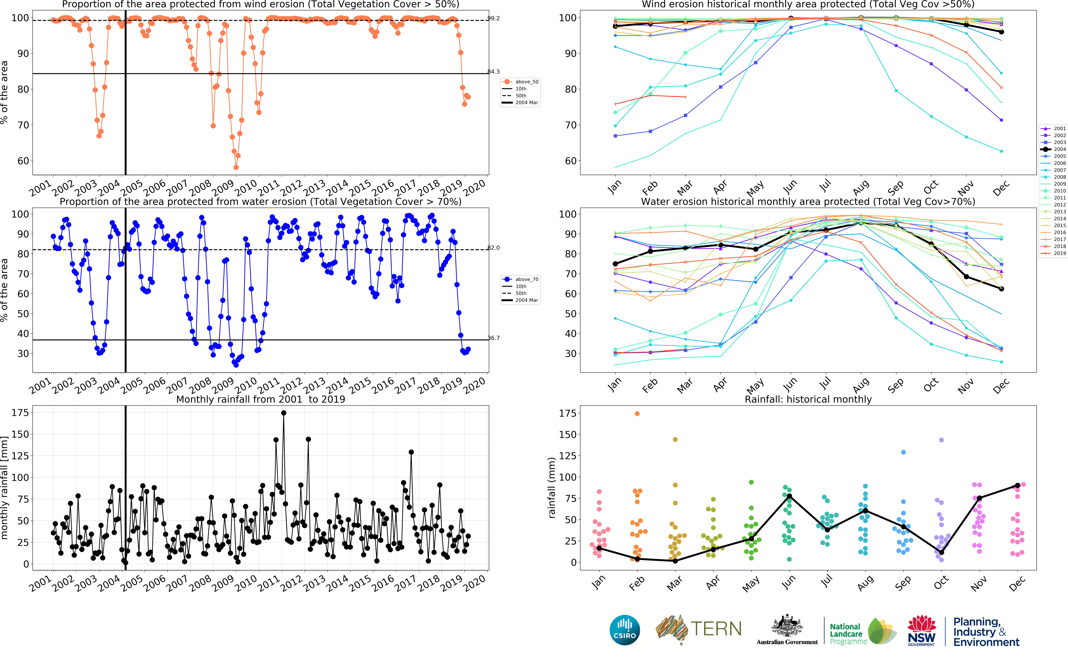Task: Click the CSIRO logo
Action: [x=625, y=630]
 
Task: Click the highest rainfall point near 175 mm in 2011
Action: [x=284, y=413]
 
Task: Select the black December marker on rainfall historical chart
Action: [x=1018, y=485]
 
